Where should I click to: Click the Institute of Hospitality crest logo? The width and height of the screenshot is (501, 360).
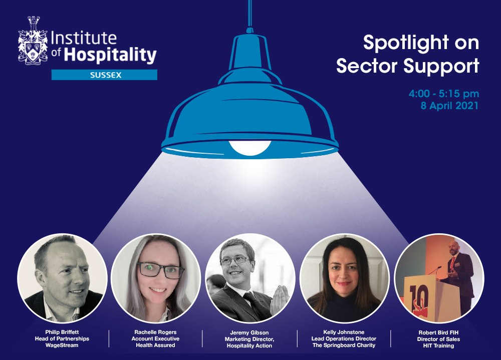point(33,41)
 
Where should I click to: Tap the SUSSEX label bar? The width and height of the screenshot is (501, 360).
point(104,75)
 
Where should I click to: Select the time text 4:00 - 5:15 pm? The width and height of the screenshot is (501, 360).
point(444,94)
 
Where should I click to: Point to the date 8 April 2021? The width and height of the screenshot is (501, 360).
point(449,106)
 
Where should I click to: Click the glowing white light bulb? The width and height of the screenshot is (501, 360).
point(250,148)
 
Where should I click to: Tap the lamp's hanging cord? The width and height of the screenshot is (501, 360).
point(249,14)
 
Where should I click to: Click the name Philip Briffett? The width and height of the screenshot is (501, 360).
point(62,332)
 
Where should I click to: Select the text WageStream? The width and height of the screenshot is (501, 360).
point(62,345)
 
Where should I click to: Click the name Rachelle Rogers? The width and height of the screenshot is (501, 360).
point(155,332)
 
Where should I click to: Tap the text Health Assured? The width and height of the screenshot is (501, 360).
point(155,345)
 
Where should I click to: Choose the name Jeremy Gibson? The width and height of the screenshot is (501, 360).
point(249,332)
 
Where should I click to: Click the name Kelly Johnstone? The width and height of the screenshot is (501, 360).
point(344,332)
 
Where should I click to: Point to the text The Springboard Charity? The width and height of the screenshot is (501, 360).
point(344,345)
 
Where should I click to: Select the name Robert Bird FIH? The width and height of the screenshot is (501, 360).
point(438,332)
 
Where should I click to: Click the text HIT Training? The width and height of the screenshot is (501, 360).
point(438,345)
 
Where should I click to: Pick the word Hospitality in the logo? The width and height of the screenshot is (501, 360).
point(110,55)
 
